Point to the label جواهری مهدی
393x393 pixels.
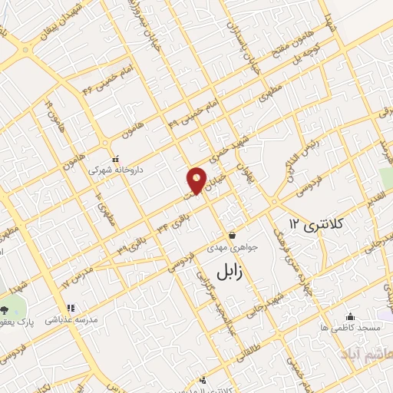(x=223, y=248)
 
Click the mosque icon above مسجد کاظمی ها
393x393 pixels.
(x=351, y=315)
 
